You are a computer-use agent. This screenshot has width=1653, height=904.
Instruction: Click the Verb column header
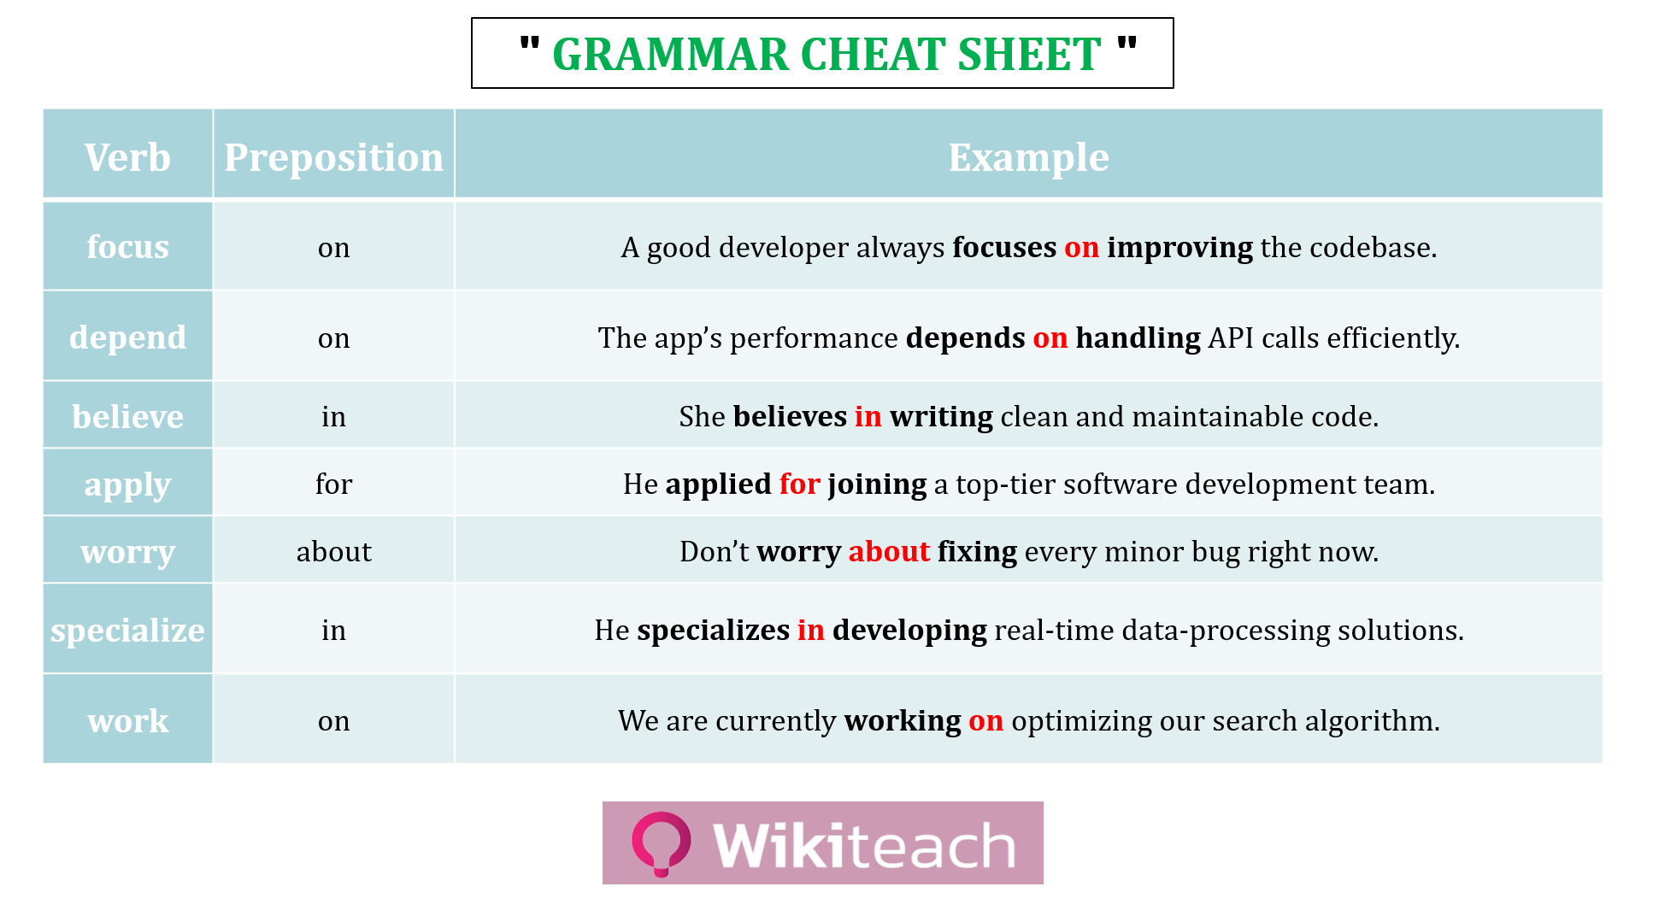[127, 158]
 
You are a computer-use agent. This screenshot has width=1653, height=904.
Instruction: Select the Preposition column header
[333, 158]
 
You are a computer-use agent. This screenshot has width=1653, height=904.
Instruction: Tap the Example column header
[1028, 158]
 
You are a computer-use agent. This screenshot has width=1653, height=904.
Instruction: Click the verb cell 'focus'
[127, 247]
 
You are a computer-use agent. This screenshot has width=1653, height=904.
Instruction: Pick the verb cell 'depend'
[127, 338]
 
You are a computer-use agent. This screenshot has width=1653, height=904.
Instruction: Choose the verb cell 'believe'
[127, 416]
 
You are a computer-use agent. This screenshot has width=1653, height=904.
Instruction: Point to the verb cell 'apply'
[127, 484]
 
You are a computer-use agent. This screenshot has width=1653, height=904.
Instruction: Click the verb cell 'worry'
[127, 552]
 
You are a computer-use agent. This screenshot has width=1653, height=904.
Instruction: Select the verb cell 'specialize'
[127, 631]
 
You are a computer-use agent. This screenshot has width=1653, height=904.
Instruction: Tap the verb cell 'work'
[127, 721]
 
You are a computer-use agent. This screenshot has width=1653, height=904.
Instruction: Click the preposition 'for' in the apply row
[333, 484]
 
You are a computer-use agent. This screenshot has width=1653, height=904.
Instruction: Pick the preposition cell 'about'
[333, 552]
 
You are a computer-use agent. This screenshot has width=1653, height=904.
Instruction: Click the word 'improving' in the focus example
[1179, 248]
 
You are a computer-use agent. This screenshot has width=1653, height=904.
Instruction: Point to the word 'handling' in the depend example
[1138, 338]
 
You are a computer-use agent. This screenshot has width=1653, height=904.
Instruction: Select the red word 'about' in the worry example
[889, 552]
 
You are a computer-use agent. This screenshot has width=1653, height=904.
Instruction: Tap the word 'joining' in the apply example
[877, 484]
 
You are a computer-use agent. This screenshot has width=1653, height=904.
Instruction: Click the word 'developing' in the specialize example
[909, 631]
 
